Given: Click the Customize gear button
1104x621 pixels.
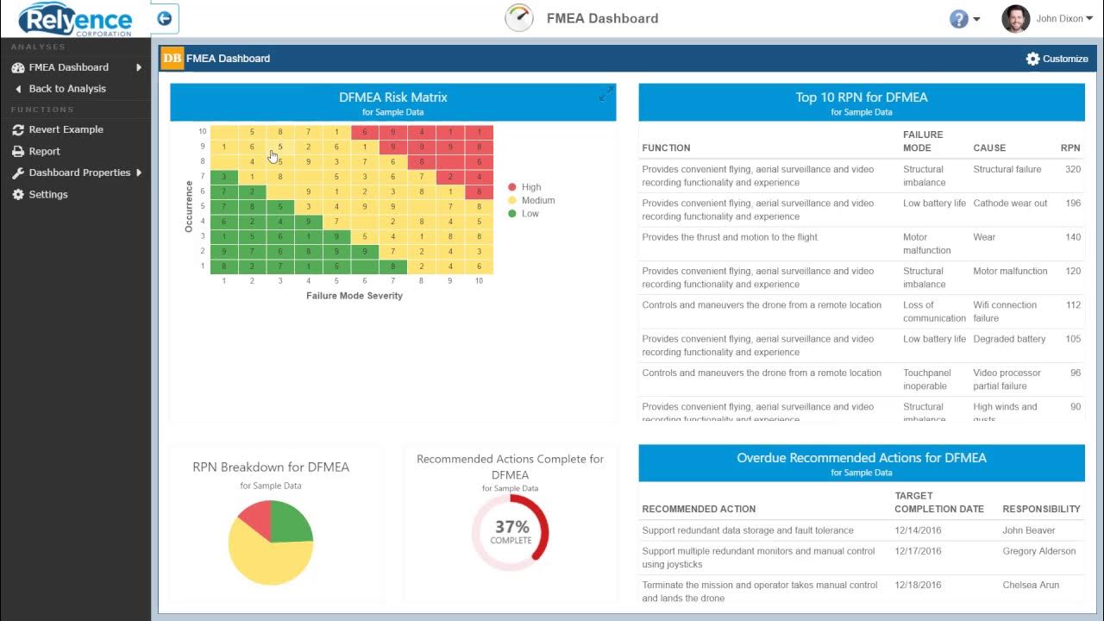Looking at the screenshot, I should click(1057, 59).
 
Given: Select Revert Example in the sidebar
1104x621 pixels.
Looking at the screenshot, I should click(66, 129).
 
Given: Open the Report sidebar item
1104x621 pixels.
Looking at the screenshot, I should click(44, 151).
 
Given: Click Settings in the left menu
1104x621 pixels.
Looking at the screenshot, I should click(47, 194).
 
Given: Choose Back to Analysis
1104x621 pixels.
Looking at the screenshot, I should click(66, 89).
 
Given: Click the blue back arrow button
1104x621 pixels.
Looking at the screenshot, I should click(164, 18).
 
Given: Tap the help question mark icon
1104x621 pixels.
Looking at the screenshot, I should click(958, 19).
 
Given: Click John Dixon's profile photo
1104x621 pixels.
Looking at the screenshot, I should click(1015, 18).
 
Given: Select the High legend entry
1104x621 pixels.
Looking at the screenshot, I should click(530, 187).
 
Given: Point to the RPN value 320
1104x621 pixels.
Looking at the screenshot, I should click(1072, 170).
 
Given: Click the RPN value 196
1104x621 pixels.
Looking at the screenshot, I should click(1072, 204).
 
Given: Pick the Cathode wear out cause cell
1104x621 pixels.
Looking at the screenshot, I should click(1010, 204).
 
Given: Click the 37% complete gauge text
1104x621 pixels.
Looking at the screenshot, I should click(511, 530).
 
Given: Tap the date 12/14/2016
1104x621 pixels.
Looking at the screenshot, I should click(918, 530).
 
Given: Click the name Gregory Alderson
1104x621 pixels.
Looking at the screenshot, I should click(1038, 551).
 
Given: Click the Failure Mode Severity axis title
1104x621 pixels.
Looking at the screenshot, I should click(354, 296).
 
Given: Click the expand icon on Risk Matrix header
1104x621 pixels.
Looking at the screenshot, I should click(606, 94).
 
